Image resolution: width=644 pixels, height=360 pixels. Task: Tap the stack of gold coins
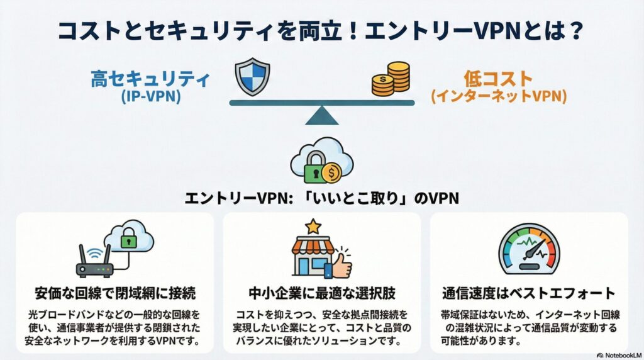pos(391,79)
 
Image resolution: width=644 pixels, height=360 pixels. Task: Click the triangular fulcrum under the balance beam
pos(322,115)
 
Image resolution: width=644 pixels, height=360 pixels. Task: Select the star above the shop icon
pos(313,225)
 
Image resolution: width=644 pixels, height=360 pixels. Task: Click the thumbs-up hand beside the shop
pos(340,266)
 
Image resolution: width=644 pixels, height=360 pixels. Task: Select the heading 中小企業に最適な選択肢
pos(321,295)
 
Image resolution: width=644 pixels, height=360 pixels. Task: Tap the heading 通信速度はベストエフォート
pos(528,295)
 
